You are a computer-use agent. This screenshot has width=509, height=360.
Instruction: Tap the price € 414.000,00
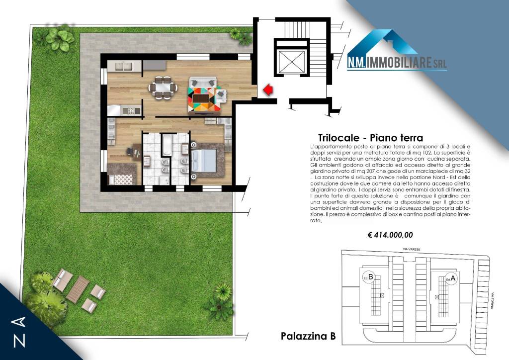pyautogui.click(x=390, y=235)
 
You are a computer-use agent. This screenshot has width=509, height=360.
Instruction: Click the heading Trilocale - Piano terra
pyautogui.click(x=370, y=138)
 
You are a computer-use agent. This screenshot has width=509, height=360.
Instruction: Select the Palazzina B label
pyautogui.click(x=308, y=336)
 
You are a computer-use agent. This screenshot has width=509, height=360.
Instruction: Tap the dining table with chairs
pyautogui.click(x=163, y=88)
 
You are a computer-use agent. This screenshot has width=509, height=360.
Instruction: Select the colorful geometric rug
pyautogui.click(x=205, y=97)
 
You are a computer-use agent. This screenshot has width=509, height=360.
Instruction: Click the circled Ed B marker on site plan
pyautogui.click(x=369, y=277)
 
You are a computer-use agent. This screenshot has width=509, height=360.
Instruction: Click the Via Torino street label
pyautogui.click(x=492, y=300)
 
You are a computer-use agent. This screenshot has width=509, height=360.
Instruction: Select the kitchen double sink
pyautogui.click(x=124, y=66)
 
